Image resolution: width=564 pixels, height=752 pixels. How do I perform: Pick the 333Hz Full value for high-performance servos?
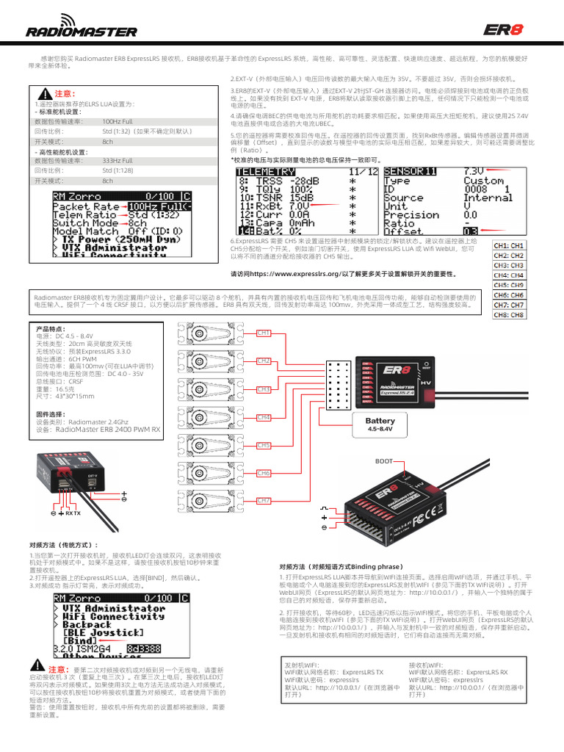[117, 160]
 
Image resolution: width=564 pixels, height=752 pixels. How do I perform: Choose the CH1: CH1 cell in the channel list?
[509, 245]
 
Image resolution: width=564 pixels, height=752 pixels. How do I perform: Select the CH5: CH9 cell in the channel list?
[509, 285]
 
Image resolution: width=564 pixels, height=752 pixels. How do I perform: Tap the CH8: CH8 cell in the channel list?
[509, 314]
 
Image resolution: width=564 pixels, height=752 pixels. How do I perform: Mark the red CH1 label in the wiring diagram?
[264, 333]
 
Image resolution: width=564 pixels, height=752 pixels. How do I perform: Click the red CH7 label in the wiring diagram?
[264, 501]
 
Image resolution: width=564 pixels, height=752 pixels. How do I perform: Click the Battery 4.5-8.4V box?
[380, 424]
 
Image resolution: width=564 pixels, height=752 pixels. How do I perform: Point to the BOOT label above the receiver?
[384, 461]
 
